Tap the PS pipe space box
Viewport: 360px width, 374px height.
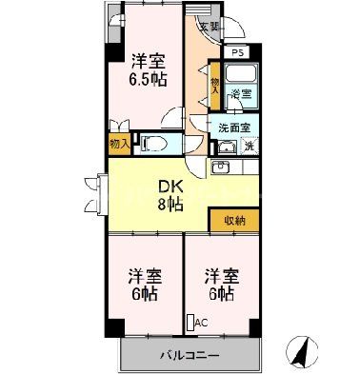tap(236, 52)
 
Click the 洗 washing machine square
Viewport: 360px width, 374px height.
tap(249, 145)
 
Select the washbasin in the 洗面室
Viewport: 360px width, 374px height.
tap(228, 147)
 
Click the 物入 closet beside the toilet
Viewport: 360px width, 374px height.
tap(119, 145)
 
